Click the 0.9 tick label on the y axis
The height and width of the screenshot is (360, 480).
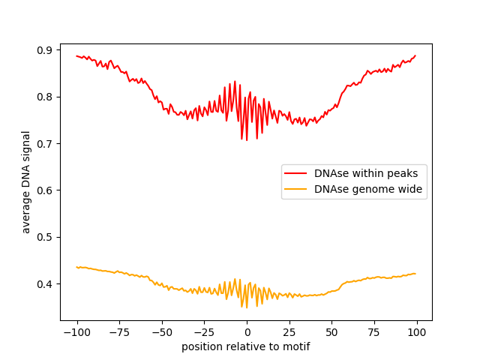tap(46, 50)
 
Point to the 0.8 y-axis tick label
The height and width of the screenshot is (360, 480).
tap(46, 97)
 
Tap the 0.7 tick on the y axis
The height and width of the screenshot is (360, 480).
tap(46, 143)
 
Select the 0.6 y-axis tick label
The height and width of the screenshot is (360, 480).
tap(46, 190)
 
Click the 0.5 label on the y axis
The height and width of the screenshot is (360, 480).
tap(46, 237)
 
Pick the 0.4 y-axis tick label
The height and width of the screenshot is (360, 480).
tap(46, 284)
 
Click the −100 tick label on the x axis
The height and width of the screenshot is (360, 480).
tap(76, 332)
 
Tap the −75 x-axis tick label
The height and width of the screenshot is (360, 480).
tap(119, 332)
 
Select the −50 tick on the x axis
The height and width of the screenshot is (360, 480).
tap(161, 332)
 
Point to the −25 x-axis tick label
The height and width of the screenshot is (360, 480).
tap(204, 332)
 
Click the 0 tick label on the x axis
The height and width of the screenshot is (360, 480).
tap(247, 332)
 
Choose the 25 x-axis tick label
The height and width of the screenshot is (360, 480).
tap(289, 332)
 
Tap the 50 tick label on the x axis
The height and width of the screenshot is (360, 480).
tap(331, 332)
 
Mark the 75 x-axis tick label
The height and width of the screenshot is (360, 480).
tap(374, 332)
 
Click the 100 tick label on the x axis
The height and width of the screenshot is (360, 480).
tap(417, 332)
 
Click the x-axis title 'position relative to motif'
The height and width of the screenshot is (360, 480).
tap(246, 346)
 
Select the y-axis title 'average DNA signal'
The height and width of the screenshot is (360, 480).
tap(26, 182)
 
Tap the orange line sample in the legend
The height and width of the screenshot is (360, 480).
tap(295, 190)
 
